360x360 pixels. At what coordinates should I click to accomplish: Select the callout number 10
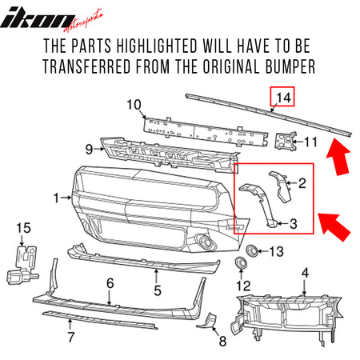coord(133,104)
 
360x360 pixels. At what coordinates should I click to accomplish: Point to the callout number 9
coord(90,147)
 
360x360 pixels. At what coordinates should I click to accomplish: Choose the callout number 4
coord(304,273)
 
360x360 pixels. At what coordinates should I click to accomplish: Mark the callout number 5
coord(158,290)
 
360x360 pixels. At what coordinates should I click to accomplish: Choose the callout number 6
coord(110,282)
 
